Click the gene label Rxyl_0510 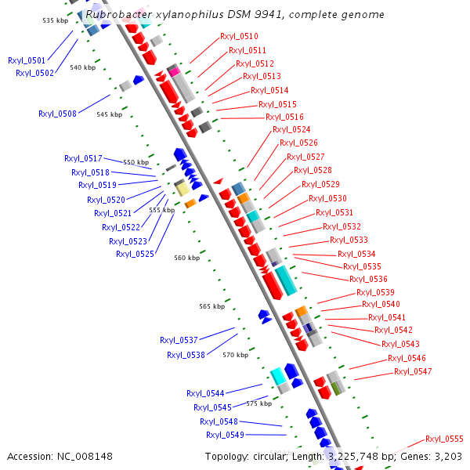[239, 36]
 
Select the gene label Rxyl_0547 [413, 371]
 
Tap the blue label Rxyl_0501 [27, 60]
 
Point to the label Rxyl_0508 [57, 114]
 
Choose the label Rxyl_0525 [135, 254]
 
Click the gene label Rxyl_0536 [368, 279]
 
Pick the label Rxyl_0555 [444, 439]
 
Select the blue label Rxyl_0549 [225, 435]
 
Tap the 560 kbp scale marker [186, 258]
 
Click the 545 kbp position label [109, 114]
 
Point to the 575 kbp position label [258, 403]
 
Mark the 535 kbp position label [55, 20]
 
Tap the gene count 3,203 [447, 456]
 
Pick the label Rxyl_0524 [291, 129]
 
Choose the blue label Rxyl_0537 [179, 340]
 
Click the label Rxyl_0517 [83, 158]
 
